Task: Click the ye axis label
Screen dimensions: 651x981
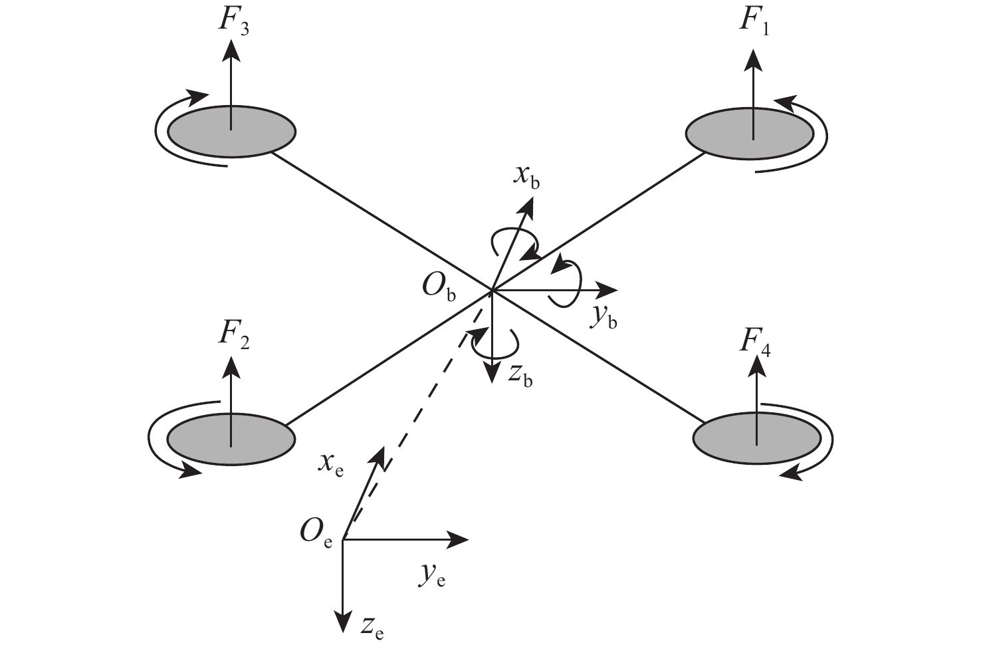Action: [x=432, y=576]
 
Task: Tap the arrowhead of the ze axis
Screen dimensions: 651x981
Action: [x=342, y=623]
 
